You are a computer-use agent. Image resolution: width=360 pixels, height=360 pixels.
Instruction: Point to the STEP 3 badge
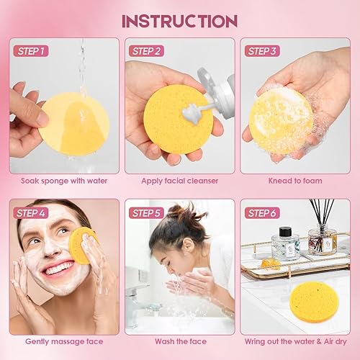click(262, 50)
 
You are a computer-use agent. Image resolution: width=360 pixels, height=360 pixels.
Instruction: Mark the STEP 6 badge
click(262, 212)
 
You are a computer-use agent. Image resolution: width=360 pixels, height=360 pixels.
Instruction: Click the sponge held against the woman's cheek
click(83, 245)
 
